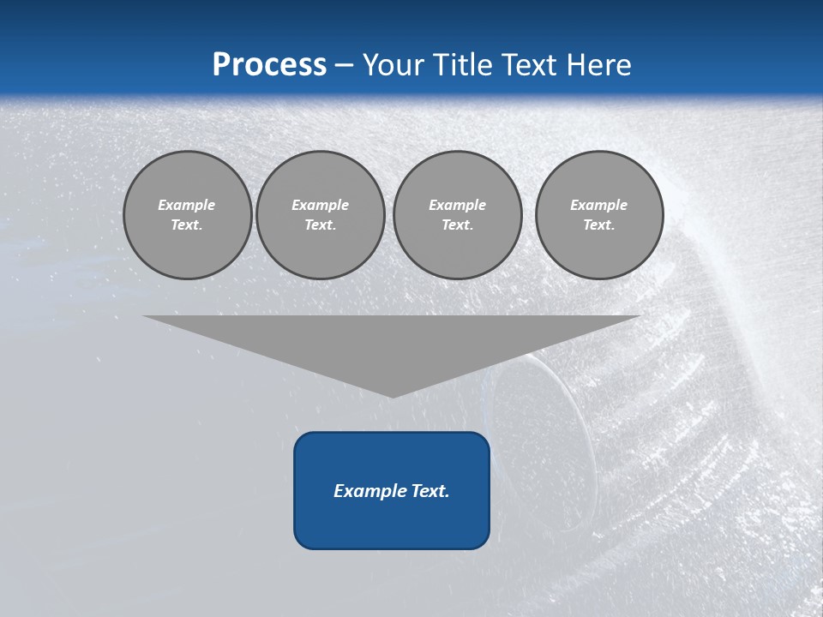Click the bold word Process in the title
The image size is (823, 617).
[269, 65]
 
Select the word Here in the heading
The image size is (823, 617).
[598, 65]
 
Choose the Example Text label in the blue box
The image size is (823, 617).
[392, 491]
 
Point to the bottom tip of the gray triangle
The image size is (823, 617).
[392, 395]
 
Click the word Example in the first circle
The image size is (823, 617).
[187, 205]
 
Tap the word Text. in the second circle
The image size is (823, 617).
[320, 225]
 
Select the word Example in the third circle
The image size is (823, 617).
[457, 205]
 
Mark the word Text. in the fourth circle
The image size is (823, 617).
[598, 225]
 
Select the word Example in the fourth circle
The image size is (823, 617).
[598, 205]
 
